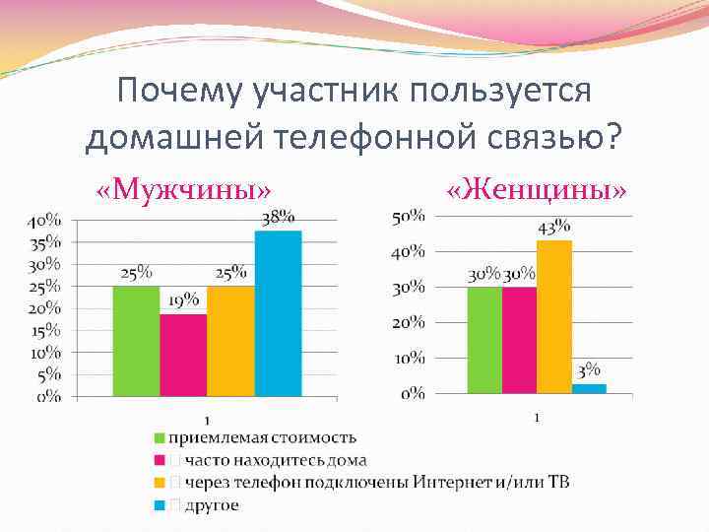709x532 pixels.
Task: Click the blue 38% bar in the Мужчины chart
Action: pyautogui.click(x=278, y=313)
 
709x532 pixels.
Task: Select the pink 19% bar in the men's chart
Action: pyautogui.click(x=183, y=355)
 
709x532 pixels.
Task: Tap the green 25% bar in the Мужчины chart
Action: pyautogui.click(x=136, y=341)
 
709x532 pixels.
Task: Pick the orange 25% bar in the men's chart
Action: pyautogui.click(x=230, y=341)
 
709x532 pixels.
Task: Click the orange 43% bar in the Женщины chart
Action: pyautogui.click(x=554, y=316)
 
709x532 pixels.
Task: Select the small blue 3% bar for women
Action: pyautogui.click(x=589, y=388)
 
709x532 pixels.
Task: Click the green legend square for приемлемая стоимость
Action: pyautogui.click(x=158, y=437)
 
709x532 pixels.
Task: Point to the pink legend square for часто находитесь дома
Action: pyautogui.click(x=158, y=460)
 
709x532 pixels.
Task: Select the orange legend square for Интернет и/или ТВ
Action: pyautogui.click(x=158, y=483)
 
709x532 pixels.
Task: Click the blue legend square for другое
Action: pyautogui.click(x=158, y=505)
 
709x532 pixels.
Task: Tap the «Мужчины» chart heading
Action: pyautogui.click(x=184, y=188)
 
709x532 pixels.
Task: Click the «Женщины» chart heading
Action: pyautogui.click(x=537, y=188)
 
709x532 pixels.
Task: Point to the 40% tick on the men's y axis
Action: pyautogui.click(x=42, y=219)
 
